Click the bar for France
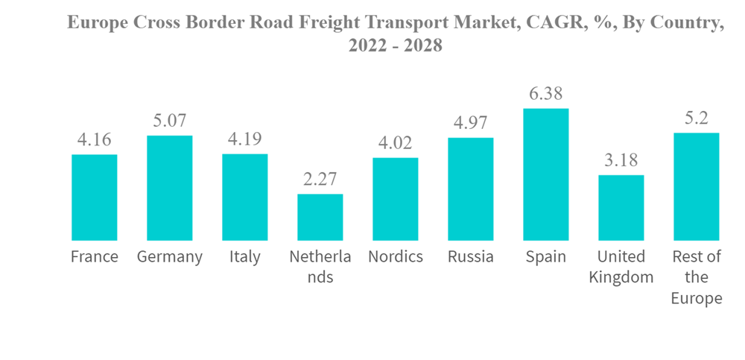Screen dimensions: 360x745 click(94, 198)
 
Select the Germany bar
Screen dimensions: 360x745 click(169, 188)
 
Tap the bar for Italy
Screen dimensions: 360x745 click(244, 198)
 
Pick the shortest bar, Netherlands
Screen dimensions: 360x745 click(320, 217)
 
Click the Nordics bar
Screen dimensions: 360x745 click(396, 199)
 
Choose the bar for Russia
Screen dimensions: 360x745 click(471, 189)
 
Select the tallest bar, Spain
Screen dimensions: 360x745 click(546, 174)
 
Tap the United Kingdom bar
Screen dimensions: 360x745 click(621, 208)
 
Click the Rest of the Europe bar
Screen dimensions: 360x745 click(697, 186)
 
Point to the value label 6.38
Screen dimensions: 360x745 click(546, 95)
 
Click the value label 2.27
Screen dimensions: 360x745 click(320, 180)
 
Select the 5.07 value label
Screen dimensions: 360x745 click(169, 121)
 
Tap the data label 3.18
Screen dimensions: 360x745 click(621, 161)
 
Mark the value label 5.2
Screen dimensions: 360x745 click(697, 119)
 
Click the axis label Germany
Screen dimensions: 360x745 click(170, 257)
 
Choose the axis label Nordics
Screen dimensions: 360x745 click(396, 257)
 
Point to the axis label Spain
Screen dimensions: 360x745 click(546, 257)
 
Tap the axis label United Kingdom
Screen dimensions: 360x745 click(621, 267)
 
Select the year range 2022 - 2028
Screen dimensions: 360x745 click(396, 46)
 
